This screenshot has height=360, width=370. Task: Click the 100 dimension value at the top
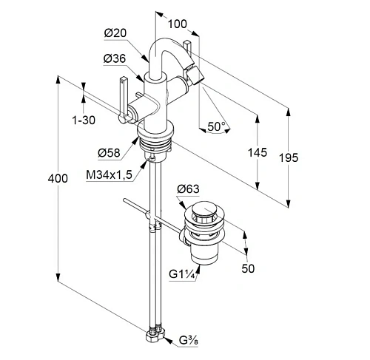tap(178, 24)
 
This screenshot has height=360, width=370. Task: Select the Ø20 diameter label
tap(115, 33)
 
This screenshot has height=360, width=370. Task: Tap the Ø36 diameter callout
tap(115, 58)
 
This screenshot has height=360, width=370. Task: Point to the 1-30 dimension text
tap(84, 120)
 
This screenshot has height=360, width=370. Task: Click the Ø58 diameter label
tap(109, 153)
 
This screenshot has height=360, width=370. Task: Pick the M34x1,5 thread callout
tap(110, 175)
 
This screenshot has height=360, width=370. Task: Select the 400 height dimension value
tap(58, 178)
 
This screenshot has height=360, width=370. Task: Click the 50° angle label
tap(217, 126)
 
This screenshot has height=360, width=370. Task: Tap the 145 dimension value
tap(258, 152)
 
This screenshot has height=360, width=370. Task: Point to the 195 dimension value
tap(289, 157)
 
